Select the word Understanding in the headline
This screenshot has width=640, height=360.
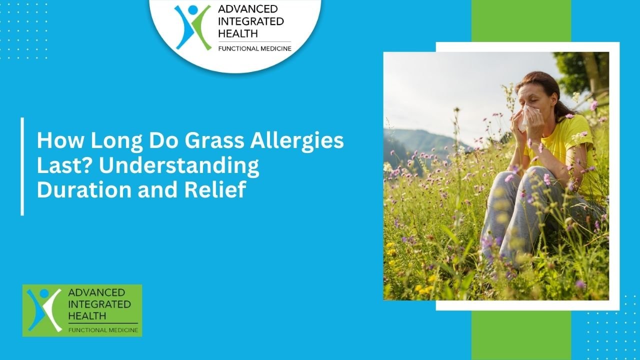click(x=179, y=166)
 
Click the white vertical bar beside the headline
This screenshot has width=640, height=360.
click(x=22, y=166)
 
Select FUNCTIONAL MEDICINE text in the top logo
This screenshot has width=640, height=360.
click(x=254, y=48)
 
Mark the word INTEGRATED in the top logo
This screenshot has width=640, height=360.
click(x=250, y=21)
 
